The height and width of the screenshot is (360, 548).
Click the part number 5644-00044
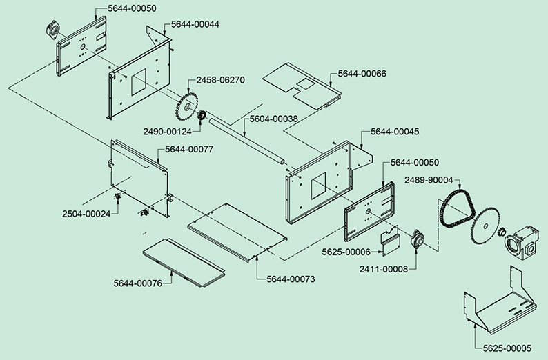tap(195, 24)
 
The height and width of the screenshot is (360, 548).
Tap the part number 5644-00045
tap(395, 131)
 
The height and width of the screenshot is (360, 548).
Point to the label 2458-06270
tap(220, 80)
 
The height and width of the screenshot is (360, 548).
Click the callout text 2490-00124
tap(167, 130)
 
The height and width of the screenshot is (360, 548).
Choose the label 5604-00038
tap(273, 119)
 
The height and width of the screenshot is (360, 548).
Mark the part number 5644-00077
tap(189, 149)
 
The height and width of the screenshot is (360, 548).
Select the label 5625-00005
tap(498, 348)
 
